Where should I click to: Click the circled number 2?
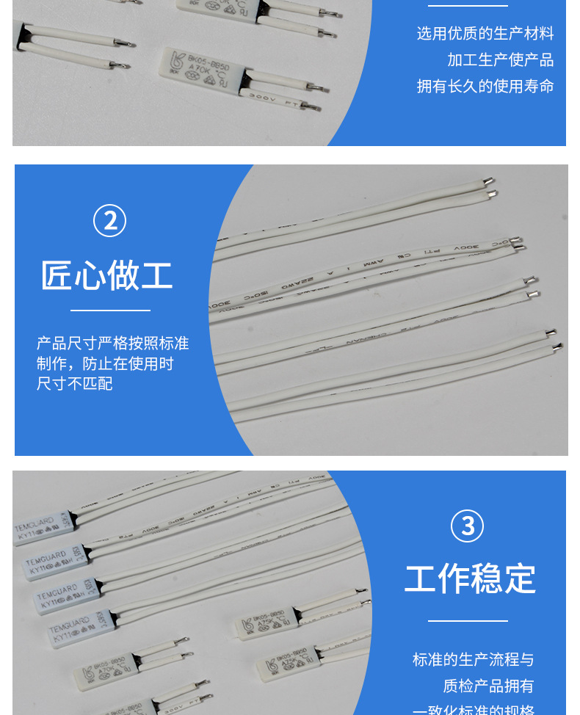[x=110, y=221]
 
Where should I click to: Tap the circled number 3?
[x=467, y=526]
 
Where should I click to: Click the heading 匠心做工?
[x=107, y=275]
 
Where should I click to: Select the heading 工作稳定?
[x=470, y=578]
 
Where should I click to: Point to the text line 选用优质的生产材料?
[x=485, y=34]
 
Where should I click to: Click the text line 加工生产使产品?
[x=500, y=60]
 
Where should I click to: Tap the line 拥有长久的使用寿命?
[x=485, y=87]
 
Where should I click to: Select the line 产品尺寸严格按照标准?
[x=112, y=344]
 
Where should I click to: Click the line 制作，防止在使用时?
[x=105, y=363]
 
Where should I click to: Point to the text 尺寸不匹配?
[x=74, y=383]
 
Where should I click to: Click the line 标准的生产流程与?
[x=473, y=659]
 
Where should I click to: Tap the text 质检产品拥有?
[x=487, y=686]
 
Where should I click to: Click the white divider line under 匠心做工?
[x=110, y=311]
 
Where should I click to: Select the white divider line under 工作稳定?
[x=468, y=621]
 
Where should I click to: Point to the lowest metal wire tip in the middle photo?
[x=557, y=345]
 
